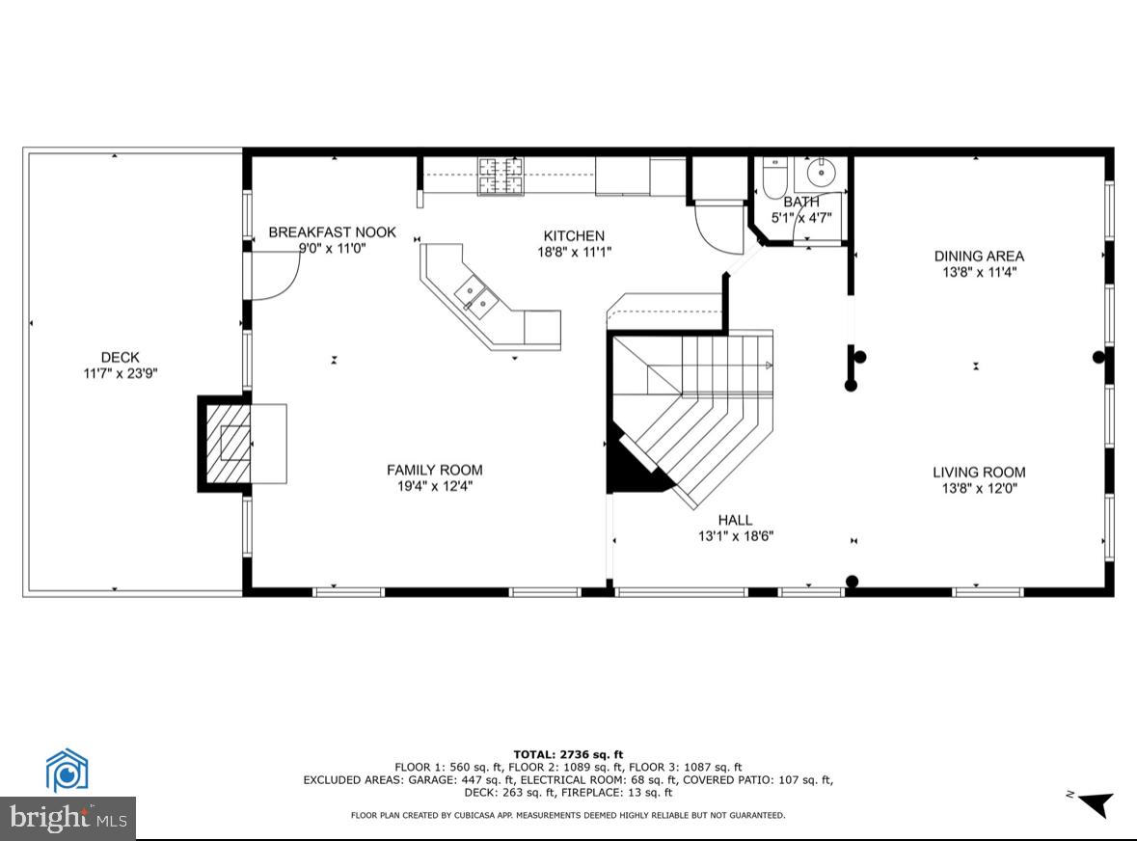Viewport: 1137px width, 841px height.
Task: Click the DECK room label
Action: point(120,357)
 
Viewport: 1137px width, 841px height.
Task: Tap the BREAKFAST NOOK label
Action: point(332,232)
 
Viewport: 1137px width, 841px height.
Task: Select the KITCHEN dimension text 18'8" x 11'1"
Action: point(574,252)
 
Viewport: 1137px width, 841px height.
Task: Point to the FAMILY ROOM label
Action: point(434,470)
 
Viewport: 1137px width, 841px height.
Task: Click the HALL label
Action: point(735,520)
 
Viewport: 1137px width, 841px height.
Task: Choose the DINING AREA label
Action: point(979,256)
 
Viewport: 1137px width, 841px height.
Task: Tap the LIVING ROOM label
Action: point(979,472)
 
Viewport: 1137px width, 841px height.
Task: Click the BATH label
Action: point(800,202)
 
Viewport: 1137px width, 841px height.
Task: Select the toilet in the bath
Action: point(774,176)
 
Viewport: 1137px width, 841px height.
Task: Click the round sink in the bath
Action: point(821,175)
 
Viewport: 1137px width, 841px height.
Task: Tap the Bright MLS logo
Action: point(68,819)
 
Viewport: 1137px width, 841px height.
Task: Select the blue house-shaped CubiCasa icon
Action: point(68,772)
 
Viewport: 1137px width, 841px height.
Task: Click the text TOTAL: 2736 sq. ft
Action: point(568,754)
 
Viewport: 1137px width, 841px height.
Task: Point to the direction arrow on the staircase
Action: point(768,365)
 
